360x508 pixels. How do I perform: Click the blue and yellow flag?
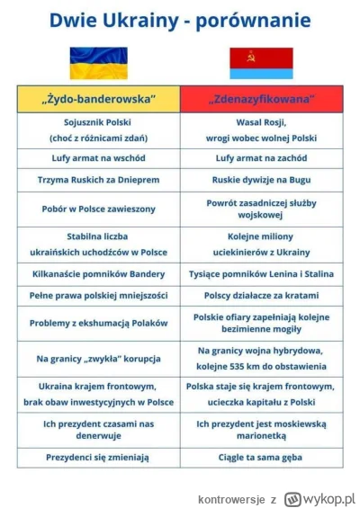point(99,63)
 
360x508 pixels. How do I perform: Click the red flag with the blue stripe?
point(261,63)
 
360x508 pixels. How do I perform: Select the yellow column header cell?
point(99,98)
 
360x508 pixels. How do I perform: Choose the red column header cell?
point(261,98)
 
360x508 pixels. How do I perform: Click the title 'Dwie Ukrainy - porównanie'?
point(180,19)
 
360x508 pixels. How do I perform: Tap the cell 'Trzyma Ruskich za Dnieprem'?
point(99,180)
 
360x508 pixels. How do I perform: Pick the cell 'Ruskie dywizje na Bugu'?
point(261,180)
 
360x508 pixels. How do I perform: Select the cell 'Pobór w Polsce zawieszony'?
point(99,209)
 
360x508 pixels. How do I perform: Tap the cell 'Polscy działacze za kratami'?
point(261,296)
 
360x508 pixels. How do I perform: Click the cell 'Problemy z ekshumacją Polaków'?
point(99,323)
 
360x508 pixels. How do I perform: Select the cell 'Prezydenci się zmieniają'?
point(99,458)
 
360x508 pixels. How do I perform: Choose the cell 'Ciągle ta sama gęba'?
point(261,458)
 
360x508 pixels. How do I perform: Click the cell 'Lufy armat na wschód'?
point(99,156)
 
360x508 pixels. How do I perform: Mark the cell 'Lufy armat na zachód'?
point(261,156)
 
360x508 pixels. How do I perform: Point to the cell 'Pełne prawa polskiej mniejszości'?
point(99,296)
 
